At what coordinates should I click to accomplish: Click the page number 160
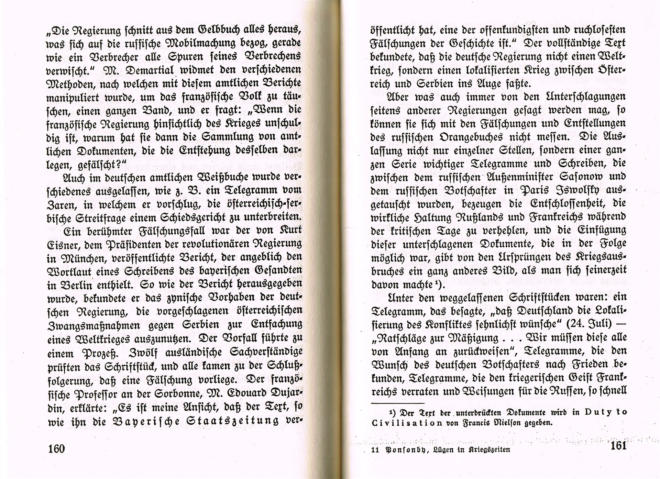coord(57,448)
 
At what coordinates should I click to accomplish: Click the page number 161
coord(619,446)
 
